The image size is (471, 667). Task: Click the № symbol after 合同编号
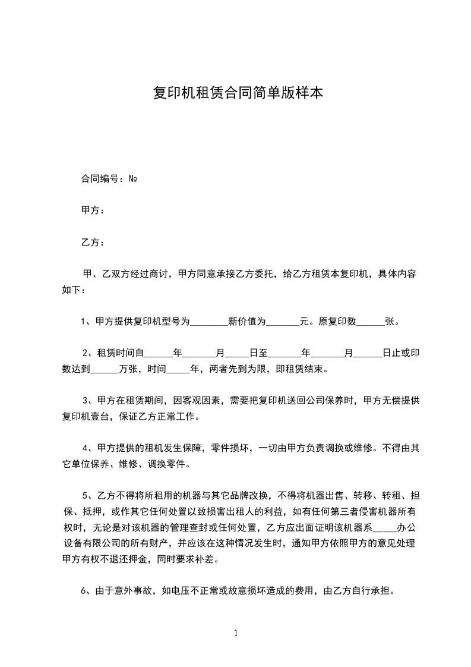pyautogui.click(x=134, y=178)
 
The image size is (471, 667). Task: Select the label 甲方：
pyautogui.click(x=93, y=210)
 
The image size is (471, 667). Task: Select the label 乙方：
pyautogui.click(x=93, y=243)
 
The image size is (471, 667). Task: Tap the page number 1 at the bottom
pyautogui.click(x=236, y=633)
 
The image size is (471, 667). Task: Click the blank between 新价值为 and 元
pyautogui.click(x=283, y=322)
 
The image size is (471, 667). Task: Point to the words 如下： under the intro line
pyautogui.click(x=74, y=290)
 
